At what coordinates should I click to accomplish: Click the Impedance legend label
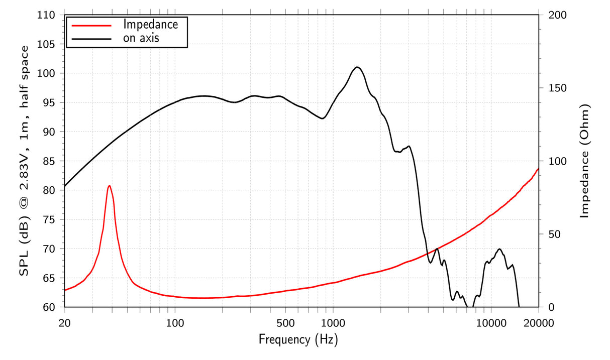[150, 24]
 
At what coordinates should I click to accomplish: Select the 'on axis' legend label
[141, 38]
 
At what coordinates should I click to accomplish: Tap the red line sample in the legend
[91, 24]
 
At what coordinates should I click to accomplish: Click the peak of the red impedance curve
[109, 185]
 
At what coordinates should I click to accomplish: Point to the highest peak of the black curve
[357, 67]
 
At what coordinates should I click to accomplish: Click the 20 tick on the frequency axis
[64, 322]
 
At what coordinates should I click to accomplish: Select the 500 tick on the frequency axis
[285, 322]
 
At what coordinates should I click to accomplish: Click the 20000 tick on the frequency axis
[539, 322]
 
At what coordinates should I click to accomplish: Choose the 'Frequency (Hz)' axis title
[298, 340]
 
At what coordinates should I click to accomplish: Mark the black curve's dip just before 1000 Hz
[323, 118]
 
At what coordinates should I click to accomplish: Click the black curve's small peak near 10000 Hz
[499, 249]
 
